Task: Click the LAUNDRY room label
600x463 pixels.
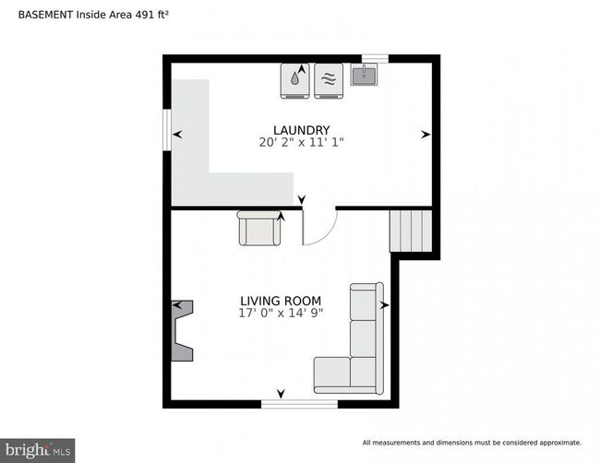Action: pyautogui.click(x=302, y=130)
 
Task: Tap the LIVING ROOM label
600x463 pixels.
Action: pyautogui.click(x=281, y=301)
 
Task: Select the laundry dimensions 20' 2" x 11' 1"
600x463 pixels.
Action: pyautogui.click(x=302, y=142)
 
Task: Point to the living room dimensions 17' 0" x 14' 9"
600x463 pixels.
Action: pyautogui.click(x=281, y=314)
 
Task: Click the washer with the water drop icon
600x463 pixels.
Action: pyautogui.click(x=295, y=81)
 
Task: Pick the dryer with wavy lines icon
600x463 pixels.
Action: pyautogui.click(x=329, y=81)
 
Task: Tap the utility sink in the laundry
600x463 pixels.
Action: pyautogui.click(x=364, y=75)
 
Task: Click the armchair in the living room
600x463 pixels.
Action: pyautogui.click(x=259, y=228)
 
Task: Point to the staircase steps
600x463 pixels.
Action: pyautogui.click(x=411, y=231)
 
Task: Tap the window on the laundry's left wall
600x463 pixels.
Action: pyautogui.click(x=167, y=130)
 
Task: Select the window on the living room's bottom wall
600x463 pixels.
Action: pyautogui.click(x=300, y=404)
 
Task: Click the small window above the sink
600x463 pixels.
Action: pyautogui.click(x=376, y=58)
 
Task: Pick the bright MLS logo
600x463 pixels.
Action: pyautogui.click(x=38, y=450)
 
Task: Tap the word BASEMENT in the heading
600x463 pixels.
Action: pyautogui.click(x=45, y=15)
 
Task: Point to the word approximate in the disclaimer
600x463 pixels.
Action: pyautogui.click(x=560, y=443)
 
